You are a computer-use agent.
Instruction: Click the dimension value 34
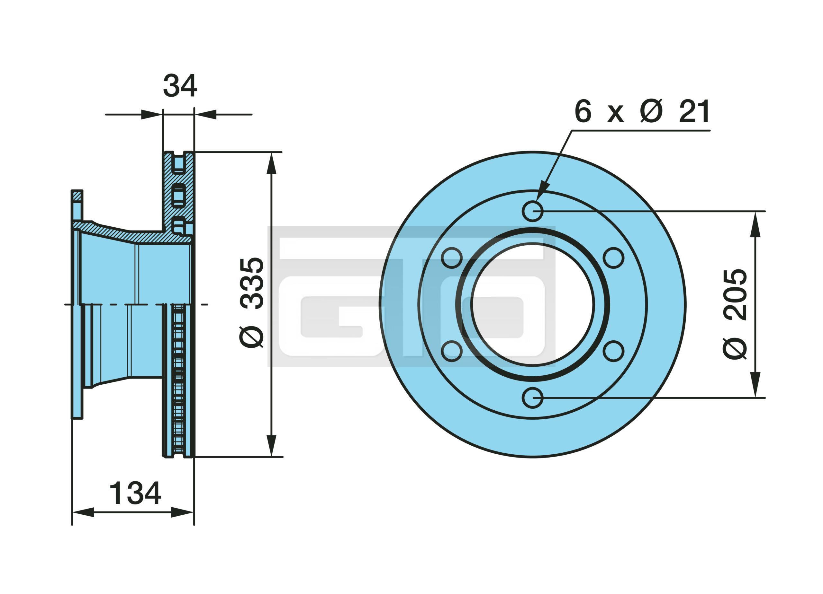(x=180, y=86)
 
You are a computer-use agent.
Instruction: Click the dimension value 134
(x=135, y=493)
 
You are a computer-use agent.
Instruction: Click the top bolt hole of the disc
(x=533, y=211)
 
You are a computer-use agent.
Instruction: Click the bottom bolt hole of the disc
(x=533, y=397)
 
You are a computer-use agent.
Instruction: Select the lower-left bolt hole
(x=452, y=351)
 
